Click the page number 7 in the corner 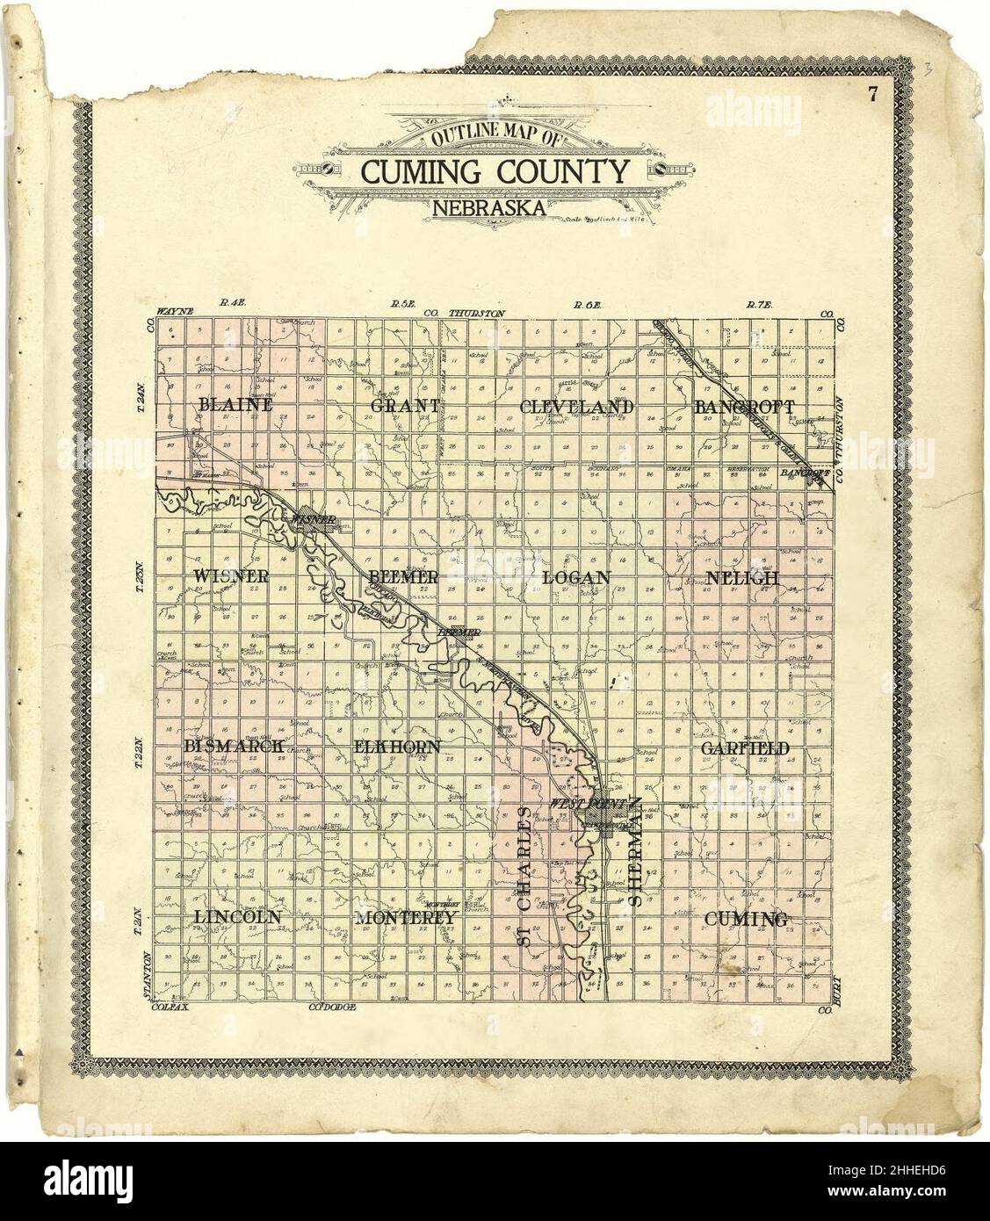[x=873, y=97]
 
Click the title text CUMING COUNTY [x=494, y=171]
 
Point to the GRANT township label [x=405, y=407]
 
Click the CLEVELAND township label [x=576, y=408]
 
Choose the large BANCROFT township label [x=744, y=408]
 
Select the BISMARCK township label [x=235, y=746]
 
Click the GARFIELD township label [x=745, y=748]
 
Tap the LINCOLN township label [x=237, y=916]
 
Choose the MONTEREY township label [x=407, y=917]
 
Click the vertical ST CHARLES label [x=524, y=878]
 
